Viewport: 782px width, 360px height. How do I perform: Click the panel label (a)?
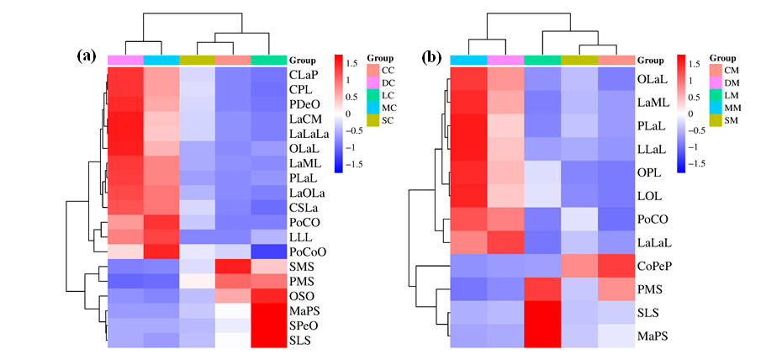point(87,56)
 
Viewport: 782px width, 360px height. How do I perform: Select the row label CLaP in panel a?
point(304,74)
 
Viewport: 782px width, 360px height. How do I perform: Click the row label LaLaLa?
point(309,133)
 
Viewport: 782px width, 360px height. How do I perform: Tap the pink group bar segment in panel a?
point(125,60)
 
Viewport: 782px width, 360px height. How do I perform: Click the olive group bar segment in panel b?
point(579,60)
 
